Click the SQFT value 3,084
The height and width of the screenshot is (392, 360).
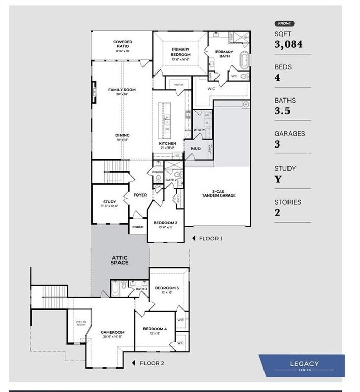coord(289,45)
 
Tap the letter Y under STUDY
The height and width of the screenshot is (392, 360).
coord(278,179)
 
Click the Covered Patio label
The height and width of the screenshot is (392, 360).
coord(123,44)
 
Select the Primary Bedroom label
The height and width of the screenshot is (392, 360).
coord(180,52)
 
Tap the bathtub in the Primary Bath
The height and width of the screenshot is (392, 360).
coord(245,60)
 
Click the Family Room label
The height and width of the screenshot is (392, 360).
coord(122,90)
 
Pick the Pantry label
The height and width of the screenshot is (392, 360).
coord(179,85)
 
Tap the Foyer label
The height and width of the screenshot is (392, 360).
coord(140,195)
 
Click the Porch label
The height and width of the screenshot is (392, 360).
coord(137,227)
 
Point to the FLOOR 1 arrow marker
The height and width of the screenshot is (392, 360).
coord(194,238)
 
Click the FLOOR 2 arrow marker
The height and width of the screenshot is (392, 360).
coord(134,363)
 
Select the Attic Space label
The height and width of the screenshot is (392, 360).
coord(119,260)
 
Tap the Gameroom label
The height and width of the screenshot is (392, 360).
coord(112,332)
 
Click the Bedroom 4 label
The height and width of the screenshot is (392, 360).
coord(154,329)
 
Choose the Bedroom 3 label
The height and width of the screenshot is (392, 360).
coord(166,288)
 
